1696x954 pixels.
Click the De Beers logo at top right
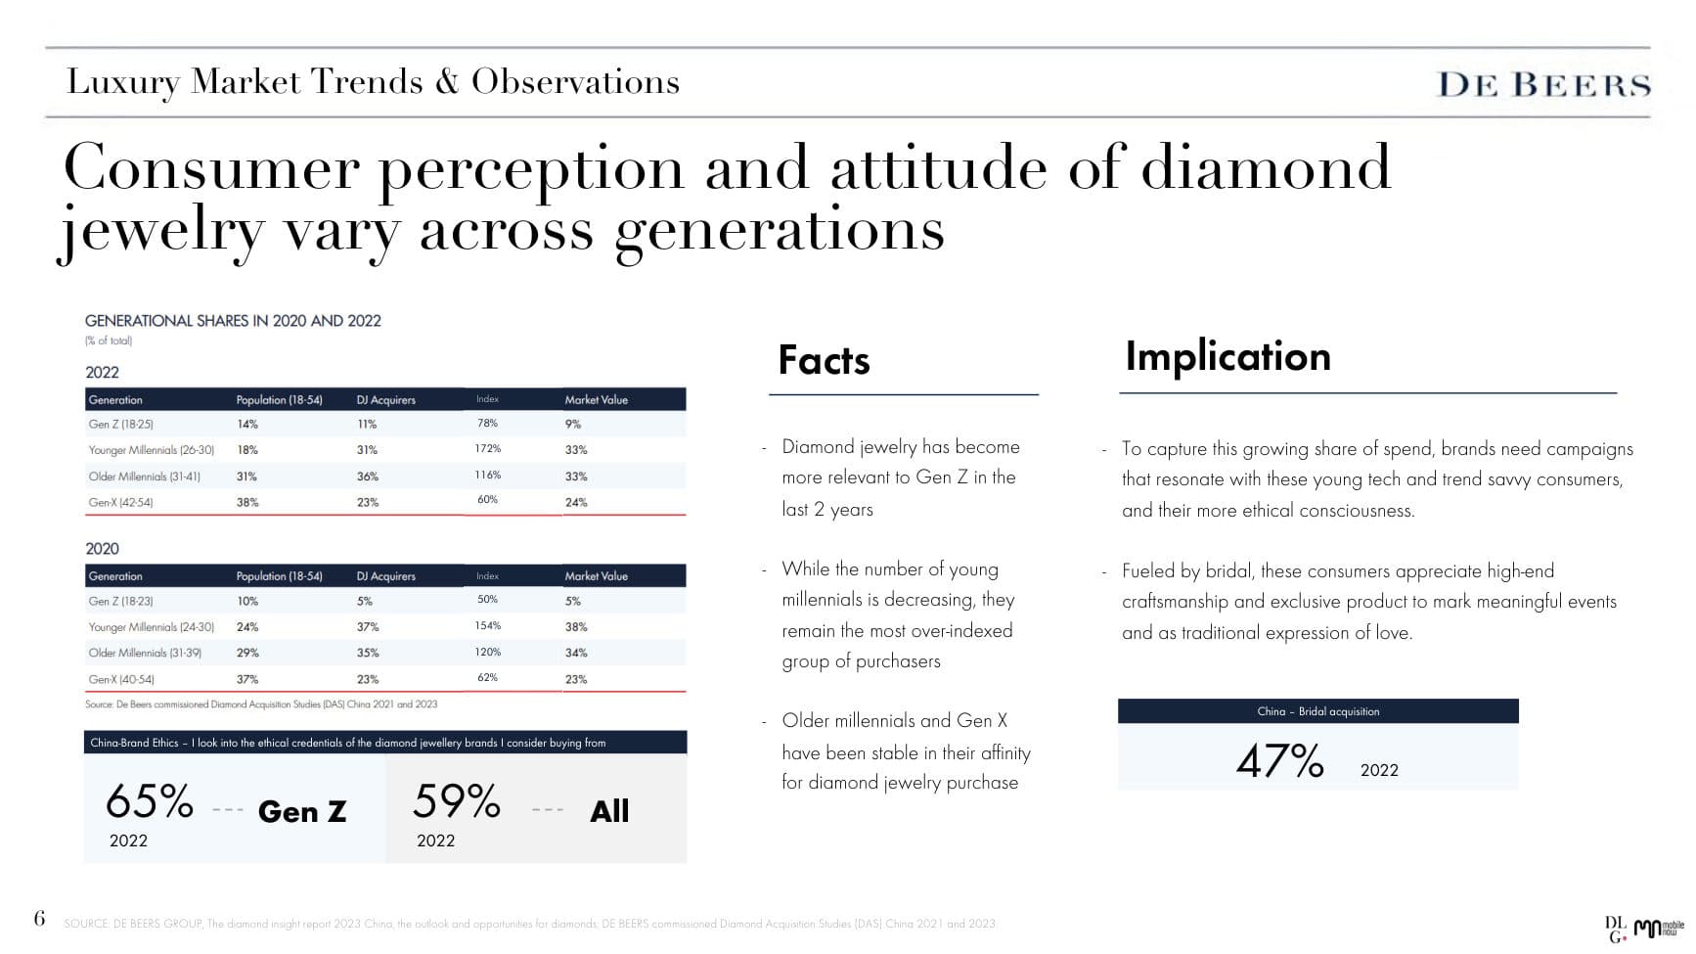(x=1543, y=85)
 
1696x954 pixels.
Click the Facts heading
(x=824, y=360)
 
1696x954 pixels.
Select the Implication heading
(x=1227, y=356)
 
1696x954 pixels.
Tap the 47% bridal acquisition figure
(x=1279, y=761)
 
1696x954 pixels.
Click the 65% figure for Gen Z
(x=150, y=801)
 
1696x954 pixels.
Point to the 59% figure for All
(x=456, y=801)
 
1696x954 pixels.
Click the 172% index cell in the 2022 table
(x=487, y=449)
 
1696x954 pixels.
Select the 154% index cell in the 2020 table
(x=487, y=626)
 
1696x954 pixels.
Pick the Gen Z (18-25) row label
(x=120, y=425)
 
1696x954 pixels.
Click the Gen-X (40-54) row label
(x=121, y=679)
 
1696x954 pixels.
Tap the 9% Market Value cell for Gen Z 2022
(x=573, y=425)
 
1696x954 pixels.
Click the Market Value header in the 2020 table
(x=596, y=576)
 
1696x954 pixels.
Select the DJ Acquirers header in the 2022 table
(x=385, y=400)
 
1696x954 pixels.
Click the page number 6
(x=39, y=918)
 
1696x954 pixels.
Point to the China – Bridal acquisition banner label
(x=1317, y=711)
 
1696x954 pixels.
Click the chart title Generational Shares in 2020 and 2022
(x=233, y=321)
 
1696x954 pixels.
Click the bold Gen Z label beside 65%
(x=301, y=811)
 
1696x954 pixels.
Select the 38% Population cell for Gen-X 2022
(x=247, y=502)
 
